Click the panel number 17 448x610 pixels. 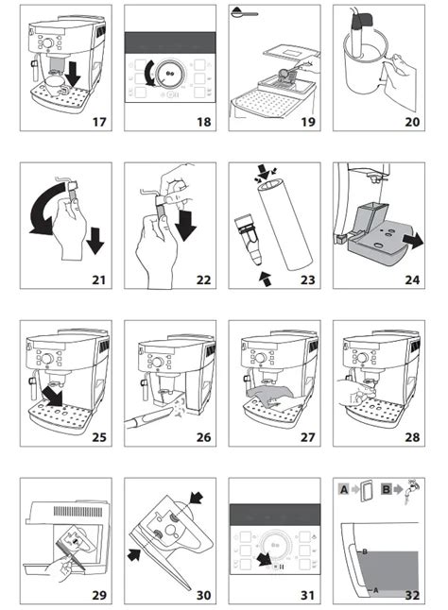coord(99,122)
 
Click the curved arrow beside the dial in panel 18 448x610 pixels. coord(150,74)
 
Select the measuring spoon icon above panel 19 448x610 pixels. coord(244,12)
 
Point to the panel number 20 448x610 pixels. coord(412,122)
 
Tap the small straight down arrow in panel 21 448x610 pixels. coord(95,241)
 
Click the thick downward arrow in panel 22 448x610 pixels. coord(185,226)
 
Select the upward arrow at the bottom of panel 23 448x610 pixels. coord(267,279)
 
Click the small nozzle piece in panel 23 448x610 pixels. coord(248,240)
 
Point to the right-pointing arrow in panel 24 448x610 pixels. coord(413,241)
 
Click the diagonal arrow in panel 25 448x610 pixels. coord(53,395)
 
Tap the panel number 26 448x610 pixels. coord(203,437)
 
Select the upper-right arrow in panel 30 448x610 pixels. coord(196,499)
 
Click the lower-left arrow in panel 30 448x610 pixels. coord(135,554)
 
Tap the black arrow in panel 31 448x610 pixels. coord(266,559)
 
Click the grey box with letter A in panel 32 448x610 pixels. coord(344,489)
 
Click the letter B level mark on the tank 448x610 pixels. coord(365,551)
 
